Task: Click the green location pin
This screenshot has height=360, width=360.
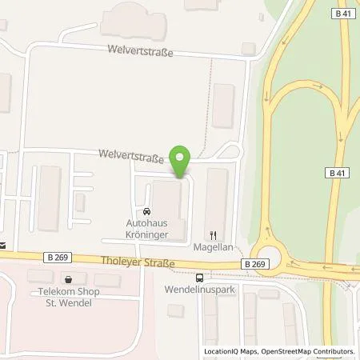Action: [x=181, y=160]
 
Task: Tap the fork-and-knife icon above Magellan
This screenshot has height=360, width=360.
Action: [x=213, y=235]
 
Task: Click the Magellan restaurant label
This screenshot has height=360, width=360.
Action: [x=214, y=248]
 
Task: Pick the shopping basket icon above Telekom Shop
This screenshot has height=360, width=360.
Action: [x=68, y=280]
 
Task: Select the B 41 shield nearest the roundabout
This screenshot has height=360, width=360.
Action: [x=337, y=172]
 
